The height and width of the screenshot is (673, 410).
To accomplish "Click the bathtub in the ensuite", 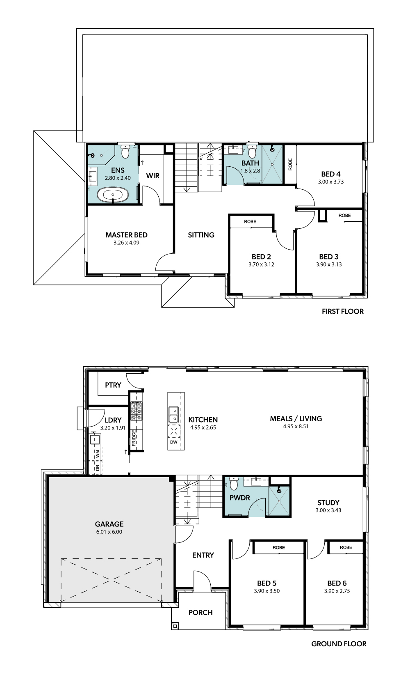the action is pyautogui.click(x=113, y=195).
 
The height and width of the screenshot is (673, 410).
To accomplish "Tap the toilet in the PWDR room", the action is pyautogui.click(x=234, y=483).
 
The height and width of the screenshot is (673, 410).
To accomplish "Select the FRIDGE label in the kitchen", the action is pyautogui.click(x=134, y=438).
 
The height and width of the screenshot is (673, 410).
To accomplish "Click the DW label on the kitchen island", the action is pyautogui.click(x=174, y=442).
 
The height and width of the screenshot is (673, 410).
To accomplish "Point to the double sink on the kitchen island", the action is pyautogui.click(x=173, y=415).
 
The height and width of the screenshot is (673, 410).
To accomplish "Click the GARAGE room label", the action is pyautogui.click(x=109, y=524).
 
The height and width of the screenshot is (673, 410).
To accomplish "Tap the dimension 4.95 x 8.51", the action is pyautogui.click(x=296, y=426).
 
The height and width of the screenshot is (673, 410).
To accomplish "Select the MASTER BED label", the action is pyautogui.click(x=126, y=235).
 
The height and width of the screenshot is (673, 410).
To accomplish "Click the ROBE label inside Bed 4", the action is pyautogui.click(x=290, y=164).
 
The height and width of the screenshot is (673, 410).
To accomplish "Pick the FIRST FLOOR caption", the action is pyautogui.click(x=342, y=311).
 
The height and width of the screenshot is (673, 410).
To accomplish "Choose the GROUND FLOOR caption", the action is pyautogui.click(x=339, y=644).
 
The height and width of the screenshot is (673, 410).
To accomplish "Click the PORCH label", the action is pyautogui.click(x=200, y=612).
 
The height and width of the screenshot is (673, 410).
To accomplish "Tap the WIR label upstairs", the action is pyautogui.click(x=153, y=176).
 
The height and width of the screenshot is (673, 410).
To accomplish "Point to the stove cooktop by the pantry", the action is pyautogui.click(x=137, y=411).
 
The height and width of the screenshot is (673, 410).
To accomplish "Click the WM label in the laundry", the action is pyautogui.click(x=98, y=454).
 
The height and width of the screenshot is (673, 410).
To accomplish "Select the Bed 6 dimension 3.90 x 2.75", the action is pyautogui.click(x=337, y=591).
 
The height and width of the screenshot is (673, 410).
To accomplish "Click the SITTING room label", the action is pyautogui.click(x=201, y=235).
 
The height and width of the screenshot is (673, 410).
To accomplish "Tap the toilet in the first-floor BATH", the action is pyautogui.click(x=252, y=152).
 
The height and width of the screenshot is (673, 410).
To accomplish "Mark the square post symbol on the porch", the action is pyautogui.click(x=175, y=626).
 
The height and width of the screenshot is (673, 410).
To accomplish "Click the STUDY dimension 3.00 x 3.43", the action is pyautogui.click(x=328, y=510).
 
